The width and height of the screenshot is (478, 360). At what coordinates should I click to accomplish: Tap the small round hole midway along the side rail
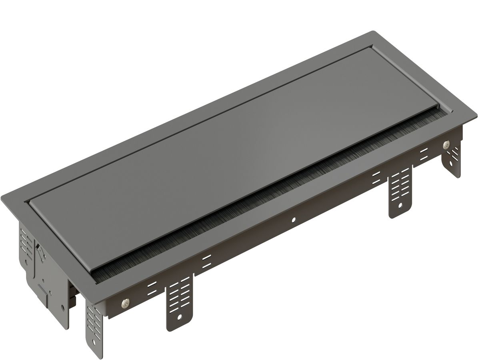coord(294,220)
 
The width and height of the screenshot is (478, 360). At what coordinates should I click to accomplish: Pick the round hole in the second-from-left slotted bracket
coord(180,317)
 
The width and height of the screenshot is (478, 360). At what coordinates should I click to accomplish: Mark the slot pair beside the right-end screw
coord(424,153)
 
